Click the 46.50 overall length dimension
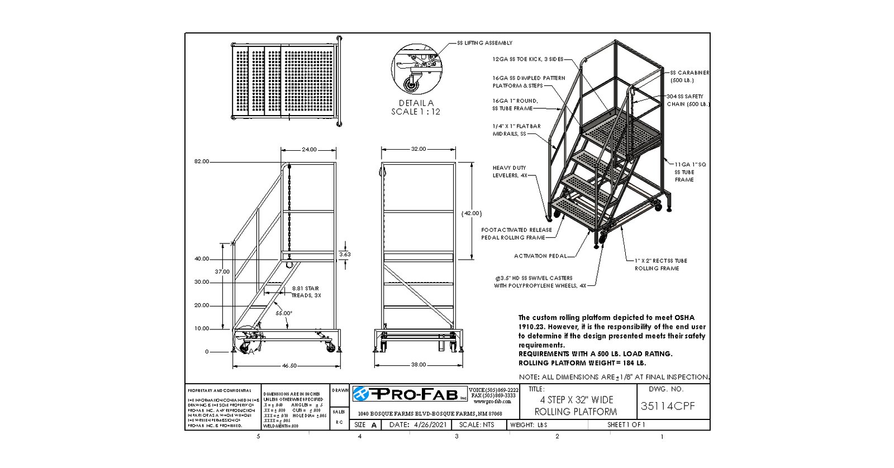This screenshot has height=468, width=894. pyautogui.click(x=289, y=365)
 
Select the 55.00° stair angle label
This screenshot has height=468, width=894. pyautogui.click(x=284, y=313)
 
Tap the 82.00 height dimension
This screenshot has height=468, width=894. pyautogui.click(x=201, y=161)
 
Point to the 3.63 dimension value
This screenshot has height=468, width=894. pyautogui.click(x=345, y=254)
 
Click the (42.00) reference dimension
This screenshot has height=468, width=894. pyautogui.click(x=472, y=213)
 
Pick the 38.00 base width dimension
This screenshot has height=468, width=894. pyautogui.click(x=419, y=365)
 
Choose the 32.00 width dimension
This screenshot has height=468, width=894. pyautogui.click(x=419, y=149)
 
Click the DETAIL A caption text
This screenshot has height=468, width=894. pyautogui.click(x=416, y=103)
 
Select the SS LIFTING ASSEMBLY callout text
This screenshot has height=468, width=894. pyautogui.click(x=484, y=43)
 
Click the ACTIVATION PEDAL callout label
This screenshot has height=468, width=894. pyautogui.click(x=540, y=256)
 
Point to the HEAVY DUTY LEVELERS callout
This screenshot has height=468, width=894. pyautogui.click(x=509, y=171)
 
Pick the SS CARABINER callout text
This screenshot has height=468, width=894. pyautogui.click(x=689, y=73)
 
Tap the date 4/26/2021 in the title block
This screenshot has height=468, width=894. pyautogui.click(x=418, y=425)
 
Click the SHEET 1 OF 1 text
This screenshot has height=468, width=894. pyautogui.click(x=626, y=425)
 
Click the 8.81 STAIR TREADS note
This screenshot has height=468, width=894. pyautogui.click(x=305, y=292)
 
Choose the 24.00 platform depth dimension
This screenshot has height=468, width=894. pyautogui.click(x=309, y=150)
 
